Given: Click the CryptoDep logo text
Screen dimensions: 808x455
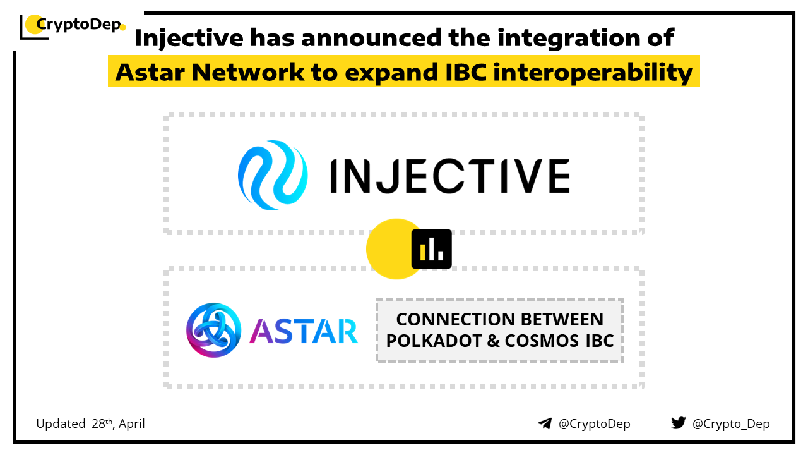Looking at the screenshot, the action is [79, 25].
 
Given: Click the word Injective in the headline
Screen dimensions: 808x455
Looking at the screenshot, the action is [189, 39].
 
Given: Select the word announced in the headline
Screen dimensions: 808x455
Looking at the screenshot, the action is [371, 37].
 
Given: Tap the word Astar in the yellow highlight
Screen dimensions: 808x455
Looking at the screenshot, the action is [150, 72].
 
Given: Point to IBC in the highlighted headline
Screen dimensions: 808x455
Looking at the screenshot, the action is [466, 72].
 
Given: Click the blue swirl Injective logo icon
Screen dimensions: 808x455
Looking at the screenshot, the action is [273, 175].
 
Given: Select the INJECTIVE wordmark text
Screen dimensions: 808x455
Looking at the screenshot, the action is [450, 176].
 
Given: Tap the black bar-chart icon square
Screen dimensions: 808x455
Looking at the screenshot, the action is [431, 249].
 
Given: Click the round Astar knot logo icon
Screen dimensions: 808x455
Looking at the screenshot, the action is [213, 330].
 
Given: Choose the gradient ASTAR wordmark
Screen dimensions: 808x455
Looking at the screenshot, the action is [304, 331].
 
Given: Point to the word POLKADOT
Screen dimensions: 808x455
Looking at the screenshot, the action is [434, 341].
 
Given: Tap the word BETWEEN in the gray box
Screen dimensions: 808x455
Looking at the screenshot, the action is [562, 319].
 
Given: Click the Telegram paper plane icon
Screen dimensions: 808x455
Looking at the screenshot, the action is [545, 423].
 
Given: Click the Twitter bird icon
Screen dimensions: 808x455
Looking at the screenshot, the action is [679, 423].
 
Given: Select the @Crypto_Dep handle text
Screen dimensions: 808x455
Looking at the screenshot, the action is [731, 424].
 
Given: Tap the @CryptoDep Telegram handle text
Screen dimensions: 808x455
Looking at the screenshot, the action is [594, 424].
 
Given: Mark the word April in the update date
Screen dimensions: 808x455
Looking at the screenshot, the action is [132, 424].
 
